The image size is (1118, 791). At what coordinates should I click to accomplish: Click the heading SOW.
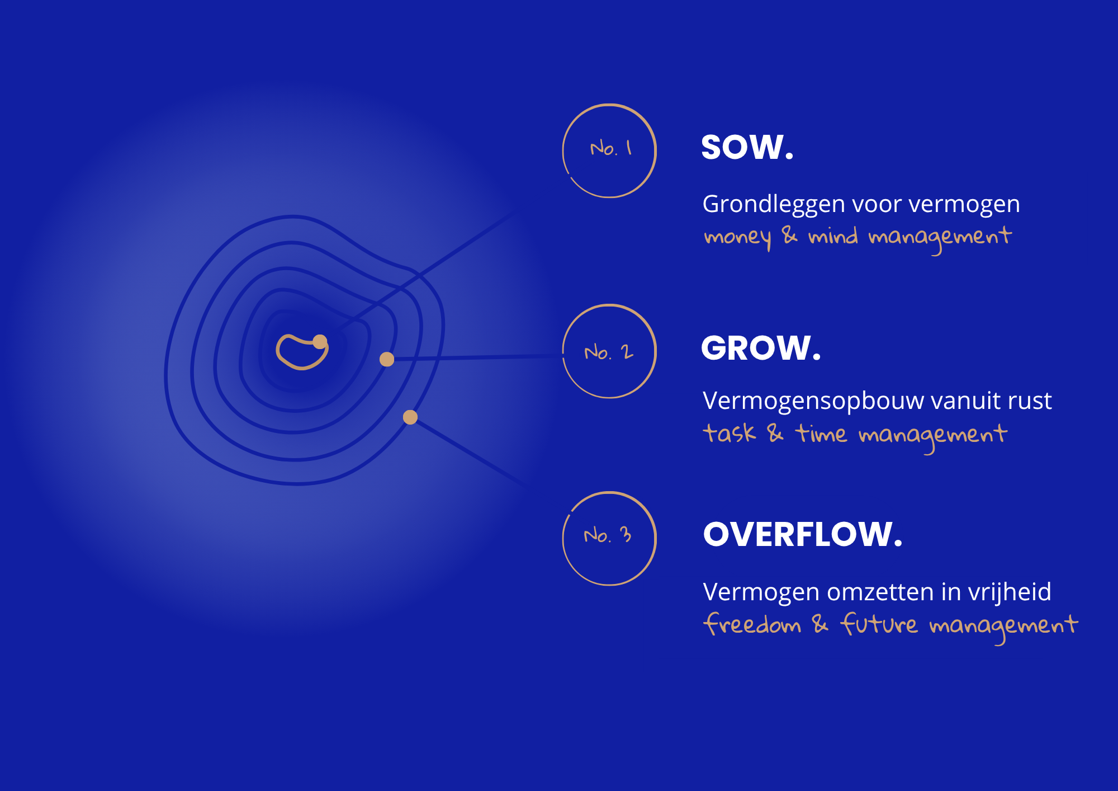[x=747, y=147]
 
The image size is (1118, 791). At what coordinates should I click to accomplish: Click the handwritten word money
[x=738, y=238]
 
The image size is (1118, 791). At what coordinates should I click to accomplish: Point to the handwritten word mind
[x=833, y=236]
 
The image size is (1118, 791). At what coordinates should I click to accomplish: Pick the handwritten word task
[x=729, y=433]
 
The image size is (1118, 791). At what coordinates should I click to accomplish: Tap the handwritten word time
[x=821, y=434]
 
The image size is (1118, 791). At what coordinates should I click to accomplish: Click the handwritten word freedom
[x=752, y=624]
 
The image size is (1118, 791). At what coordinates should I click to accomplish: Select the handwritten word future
[x=878, y=624]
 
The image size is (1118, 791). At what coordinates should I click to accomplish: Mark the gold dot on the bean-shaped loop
[x=320, y=342]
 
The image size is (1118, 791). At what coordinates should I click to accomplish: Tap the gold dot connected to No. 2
[x=387, y=359]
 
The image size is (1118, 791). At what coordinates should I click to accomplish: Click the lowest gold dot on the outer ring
[x=410, y=417]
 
